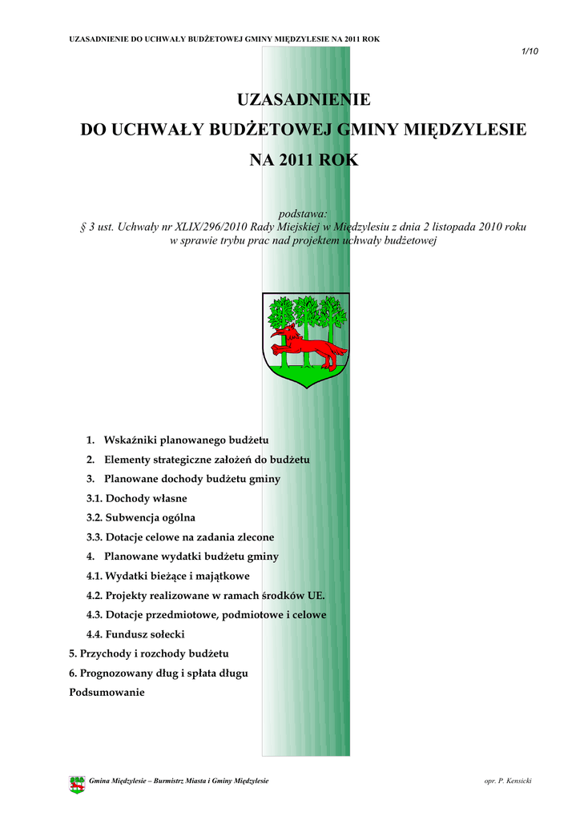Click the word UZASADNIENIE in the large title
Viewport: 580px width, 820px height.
[x=304, y=100]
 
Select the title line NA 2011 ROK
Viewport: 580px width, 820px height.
[x=304, y=160]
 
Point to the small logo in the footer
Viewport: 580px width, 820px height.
[x=77, y=784]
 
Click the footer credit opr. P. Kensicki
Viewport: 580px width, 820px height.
[x=508, y=781]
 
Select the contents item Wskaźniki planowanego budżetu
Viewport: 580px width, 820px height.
[x=186, y=440]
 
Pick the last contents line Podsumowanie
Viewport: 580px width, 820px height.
[x=107, y=693]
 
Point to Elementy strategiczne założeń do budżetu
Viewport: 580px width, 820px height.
[x=207, y=460]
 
